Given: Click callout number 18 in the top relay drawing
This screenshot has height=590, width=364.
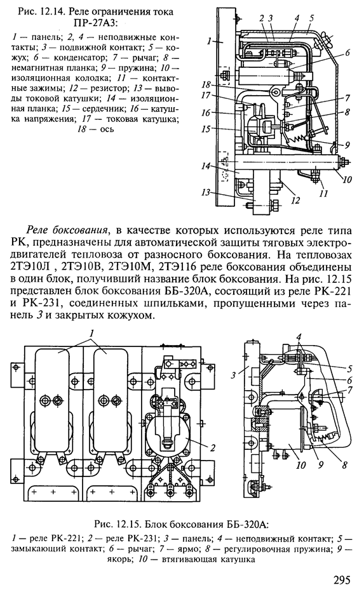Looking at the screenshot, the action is (205, 84).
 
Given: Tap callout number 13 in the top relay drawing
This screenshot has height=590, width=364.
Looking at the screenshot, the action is (205, 192).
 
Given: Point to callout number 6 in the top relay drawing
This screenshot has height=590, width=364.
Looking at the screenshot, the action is (347, 53).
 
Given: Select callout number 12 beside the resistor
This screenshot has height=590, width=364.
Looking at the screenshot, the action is (296, 201).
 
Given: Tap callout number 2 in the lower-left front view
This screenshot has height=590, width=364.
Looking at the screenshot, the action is (213, 447).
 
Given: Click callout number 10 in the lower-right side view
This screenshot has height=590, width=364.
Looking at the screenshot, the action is (300, 466).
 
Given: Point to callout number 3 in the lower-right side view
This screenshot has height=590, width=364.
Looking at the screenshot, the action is (234, 375).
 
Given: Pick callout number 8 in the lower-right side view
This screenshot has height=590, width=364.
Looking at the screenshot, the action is (344, 465).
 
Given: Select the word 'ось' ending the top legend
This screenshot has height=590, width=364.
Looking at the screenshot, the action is (107, 129).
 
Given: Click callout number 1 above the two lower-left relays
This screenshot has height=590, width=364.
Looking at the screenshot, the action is (91, 333).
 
